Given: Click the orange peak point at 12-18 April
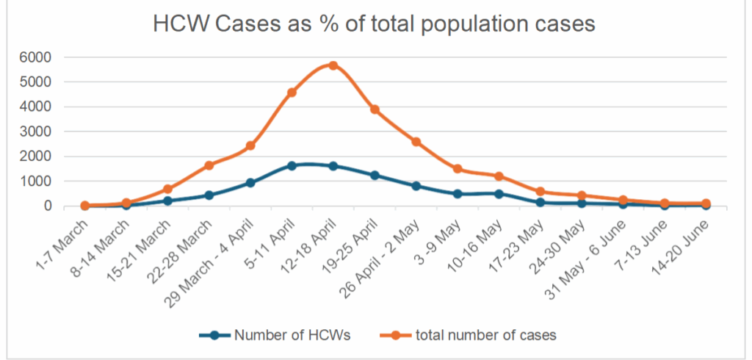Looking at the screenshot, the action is pos(333,66).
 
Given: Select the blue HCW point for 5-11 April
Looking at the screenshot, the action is pos(292,165).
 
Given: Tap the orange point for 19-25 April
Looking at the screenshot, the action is pos(375,109).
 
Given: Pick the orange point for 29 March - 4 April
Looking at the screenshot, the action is pos(250,145).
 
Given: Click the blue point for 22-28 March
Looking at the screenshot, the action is pos(209,195).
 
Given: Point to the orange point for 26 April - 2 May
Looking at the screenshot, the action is pos(416,142).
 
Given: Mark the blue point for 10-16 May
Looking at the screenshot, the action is pos(499,194).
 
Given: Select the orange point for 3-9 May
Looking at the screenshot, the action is pos(458,168).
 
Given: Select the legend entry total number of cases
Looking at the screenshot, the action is pos(469,335).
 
